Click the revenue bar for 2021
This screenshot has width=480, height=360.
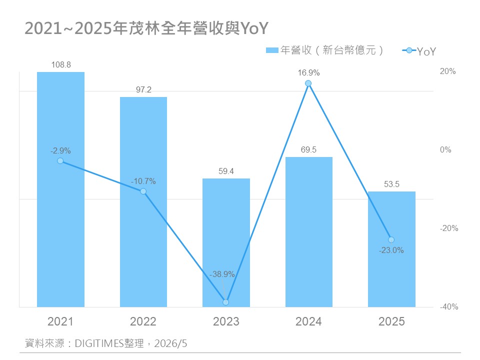60,189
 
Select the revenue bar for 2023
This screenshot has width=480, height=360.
226,243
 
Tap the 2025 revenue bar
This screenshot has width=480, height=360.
391,249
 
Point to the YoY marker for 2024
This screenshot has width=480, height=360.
308,83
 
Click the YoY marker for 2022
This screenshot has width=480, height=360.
143,191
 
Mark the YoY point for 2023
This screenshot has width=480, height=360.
226,302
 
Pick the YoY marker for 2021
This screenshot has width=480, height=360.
60,160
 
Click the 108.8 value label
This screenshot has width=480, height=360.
61,65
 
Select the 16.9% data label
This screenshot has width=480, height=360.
308,73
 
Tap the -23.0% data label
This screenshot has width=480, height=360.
391,250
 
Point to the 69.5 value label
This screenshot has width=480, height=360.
308,149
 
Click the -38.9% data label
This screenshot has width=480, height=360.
222,274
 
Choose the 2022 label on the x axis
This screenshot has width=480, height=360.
143,321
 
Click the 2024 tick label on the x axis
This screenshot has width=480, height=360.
308,321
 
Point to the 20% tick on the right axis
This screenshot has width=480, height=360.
447,71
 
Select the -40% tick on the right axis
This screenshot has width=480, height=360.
449,306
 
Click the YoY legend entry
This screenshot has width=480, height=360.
419,51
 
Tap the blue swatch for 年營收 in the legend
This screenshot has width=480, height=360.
272,50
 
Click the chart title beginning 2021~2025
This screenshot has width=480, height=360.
146,28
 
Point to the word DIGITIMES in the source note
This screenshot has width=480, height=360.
99,343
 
